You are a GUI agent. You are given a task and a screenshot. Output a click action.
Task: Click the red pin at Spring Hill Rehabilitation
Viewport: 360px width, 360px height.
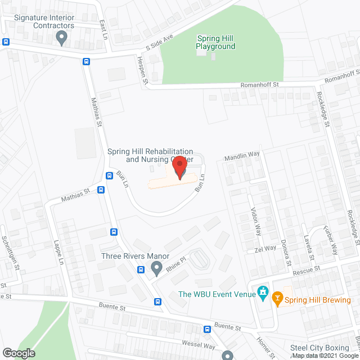coord(179,167)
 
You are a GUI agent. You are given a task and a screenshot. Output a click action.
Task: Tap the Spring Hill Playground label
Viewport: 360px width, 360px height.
coord(215,43)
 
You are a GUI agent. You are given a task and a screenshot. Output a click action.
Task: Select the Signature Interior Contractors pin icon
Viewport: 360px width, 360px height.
coord(62,38)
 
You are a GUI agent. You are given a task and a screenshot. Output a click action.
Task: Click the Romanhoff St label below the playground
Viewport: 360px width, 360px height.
coord(259,84)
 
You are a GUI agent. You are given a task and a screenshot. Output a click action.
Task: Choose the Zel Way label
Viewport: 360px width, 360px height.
coord(265,248)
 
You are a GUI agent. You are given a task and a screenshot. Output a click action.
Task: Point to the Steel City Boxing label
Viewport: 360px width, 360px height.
coord(319,348)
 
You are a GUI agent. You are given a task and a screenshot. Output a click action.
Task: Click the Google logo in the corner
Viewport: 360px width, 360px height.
coord(18,353)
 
